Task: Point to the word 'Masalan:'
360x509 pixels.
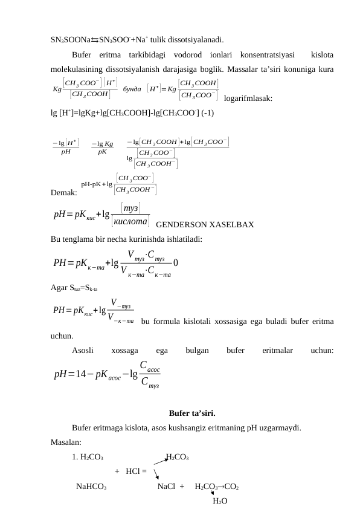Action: coord(66,443)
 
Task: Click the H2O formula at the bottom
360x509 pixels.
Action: coord(220,501)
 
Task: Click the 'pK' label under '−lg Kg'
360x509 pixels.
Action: coord(102,152)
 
